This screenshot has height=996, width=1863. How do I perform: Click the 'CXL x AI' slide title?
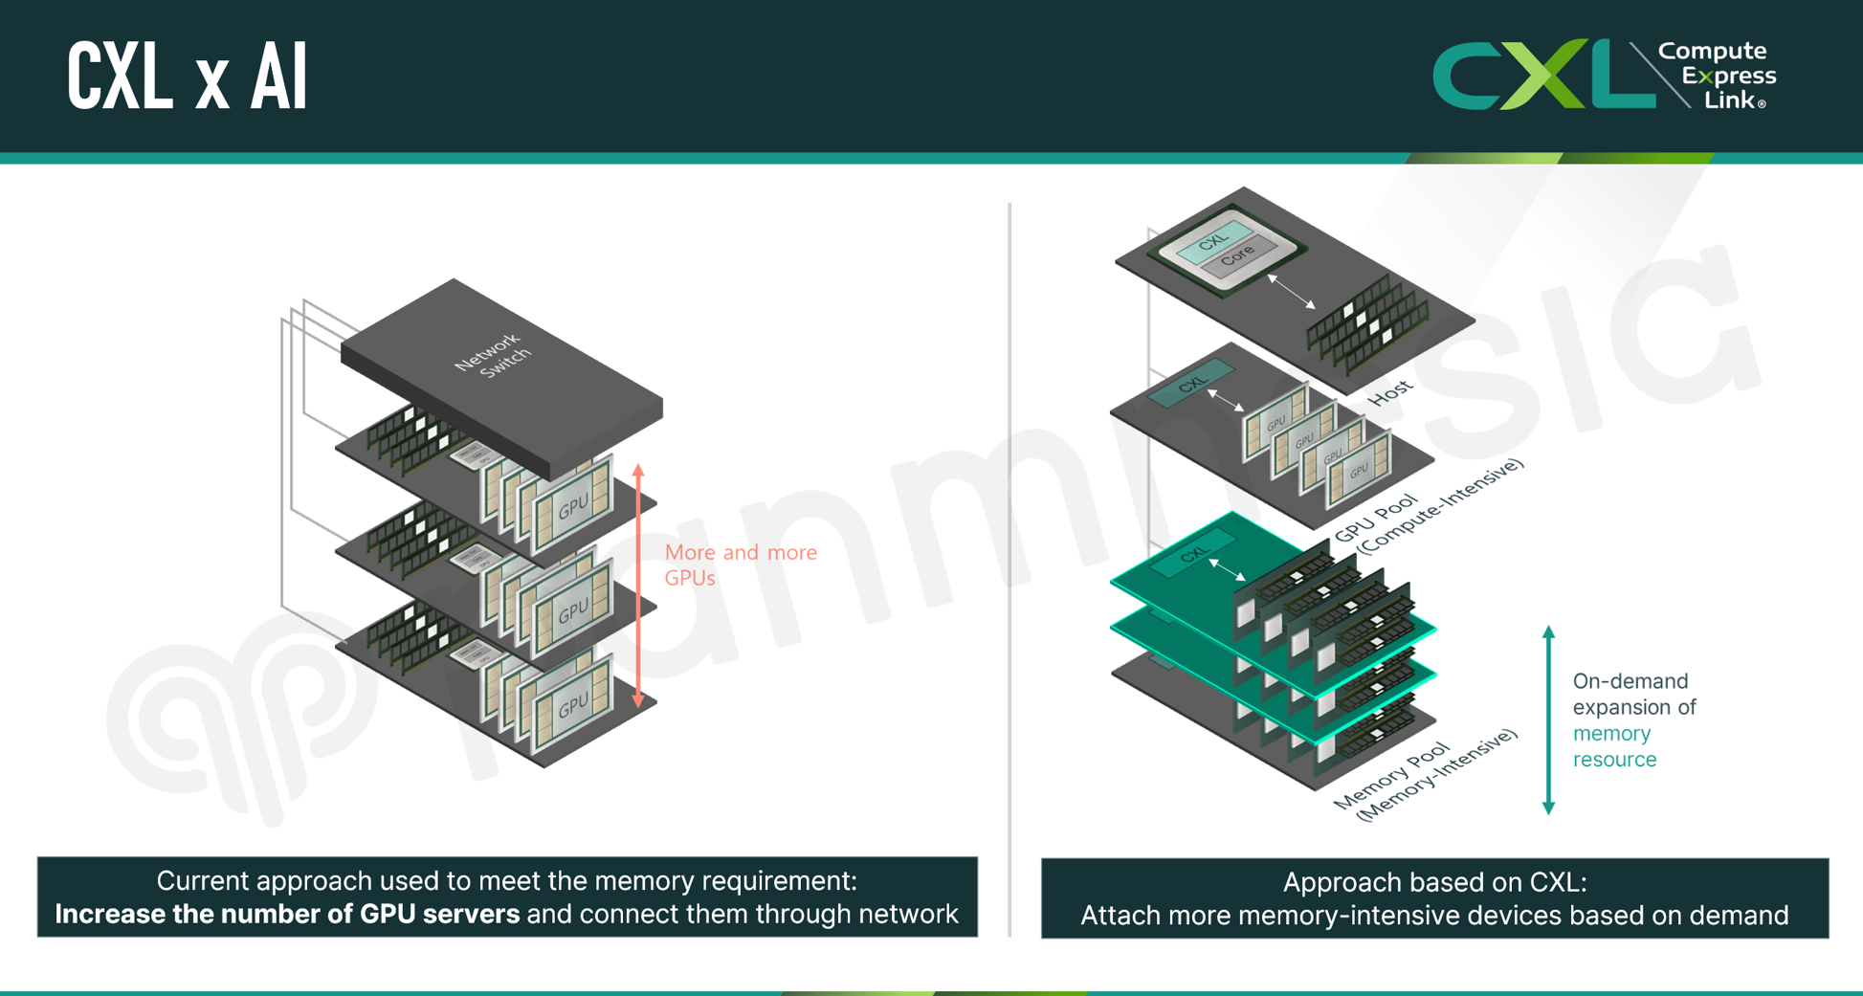point(188,77)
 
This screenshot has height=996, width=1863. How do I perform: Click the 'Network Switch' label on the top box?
point(494,356)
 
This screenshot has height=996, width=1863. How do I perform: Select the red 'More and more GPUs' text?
point(740,564)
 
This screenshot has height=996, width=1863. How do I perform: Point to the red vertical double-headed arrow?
point(638,586)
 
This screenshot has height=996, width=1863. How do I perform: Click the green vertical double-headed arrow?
point(1548,719)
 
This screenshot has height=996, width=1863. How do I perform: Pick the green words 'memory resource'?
point(1614,746)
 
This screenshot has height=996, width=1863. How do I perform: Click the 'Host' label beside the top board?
point(1389,391)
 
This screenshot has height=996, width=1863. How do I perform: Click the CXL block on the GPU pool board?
point(1192,384)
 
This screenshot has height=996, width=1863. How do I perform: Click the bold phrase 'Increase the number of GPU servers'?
point(287,914)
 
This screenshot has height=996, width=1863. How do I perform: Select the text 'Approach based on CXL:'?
point(1434,882)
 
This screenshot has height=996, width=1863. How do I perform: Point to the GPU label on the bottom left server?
point(573,706)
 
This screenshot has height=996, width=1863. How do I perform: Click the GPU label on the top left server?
point(573,507)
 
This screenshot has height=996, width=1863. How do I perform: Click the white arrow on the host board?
point(1291,291)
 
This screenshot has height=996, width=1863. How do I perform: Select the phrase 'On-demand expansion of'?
point(1633,694)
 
